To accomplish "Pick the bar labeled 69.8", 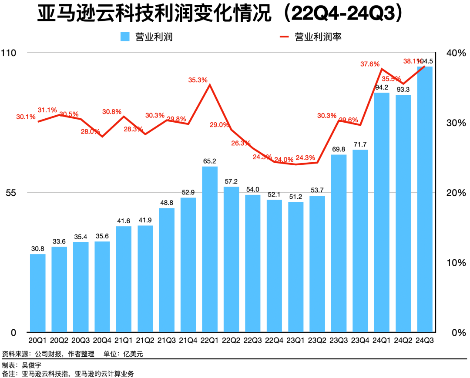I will pyautogui.click(x=339, y=243).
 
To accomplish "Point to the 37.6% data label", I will pyautogui.click(x=370, y=64).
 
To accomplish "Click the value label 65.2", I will pyautogui.click(x=210, y=161).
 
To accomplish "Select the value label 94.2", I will pyautogui.click(x=382, y=87).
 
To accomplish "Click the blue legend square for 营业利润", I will pyautogui.click(x=125, y=37).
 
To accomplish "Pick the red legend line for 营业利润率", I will pyautogui.click(x=284, y=37).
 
